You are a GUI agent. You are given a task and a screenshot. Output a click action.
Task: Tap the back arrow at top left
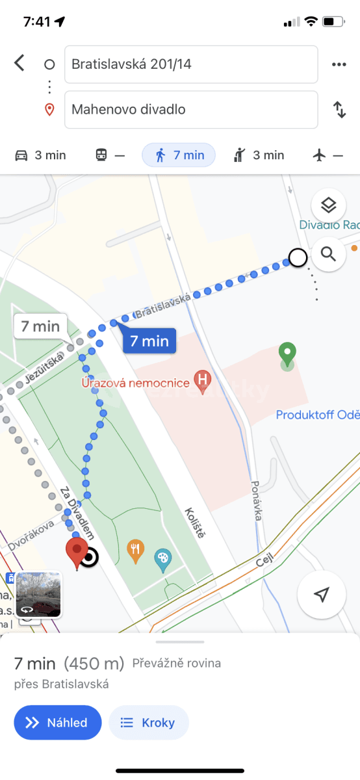coord(19,63)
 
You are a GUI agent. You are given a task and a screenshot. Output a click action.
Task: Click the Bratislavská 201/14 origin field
coord(191,64)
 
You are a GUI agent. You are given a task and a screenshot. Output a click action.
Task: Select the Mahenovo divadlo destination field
coord(191,109)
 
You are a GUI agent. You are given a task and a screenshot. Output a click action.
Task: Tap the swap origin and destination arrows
coord(339,109)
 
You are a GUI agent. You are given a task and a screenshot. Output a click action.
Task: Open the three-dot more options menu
coord(339,64)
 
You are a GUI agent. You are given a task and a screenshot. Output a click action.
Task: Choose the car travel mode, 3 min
coord(40,155)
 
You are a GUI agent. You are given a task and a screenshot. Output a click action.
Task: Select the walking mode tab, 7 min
coord(179,155)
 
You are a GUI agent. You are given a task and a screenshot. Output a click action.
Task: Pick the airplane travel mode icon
coord(328,155)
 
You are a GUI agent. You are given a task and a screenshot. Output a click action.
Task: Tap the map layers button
coord(328,206)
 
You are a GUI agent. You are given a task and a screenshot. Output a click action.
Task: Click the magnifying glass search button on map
coord(328,253)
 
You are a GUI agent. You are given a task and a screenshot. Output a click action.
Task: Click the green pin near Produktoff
coord(287,355)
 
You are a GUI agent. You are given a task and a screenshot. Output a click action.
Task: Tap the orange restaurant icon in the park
coord(135,550)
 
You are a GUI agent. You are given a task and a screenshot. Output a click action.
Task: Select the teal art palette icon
coord(162,559)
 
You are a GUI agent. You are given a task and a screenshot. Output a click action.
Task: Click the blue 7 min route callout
coord(149,340)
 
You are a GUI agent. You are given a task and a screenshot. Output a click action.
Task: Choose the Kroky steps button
coord(148,722)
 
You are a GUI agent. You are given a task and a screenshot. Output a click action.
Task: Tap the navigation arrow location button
coord(321,594)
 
